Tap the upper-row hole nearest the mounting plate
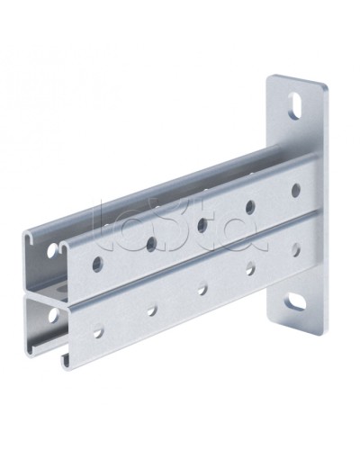click(x=296, y=190)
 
